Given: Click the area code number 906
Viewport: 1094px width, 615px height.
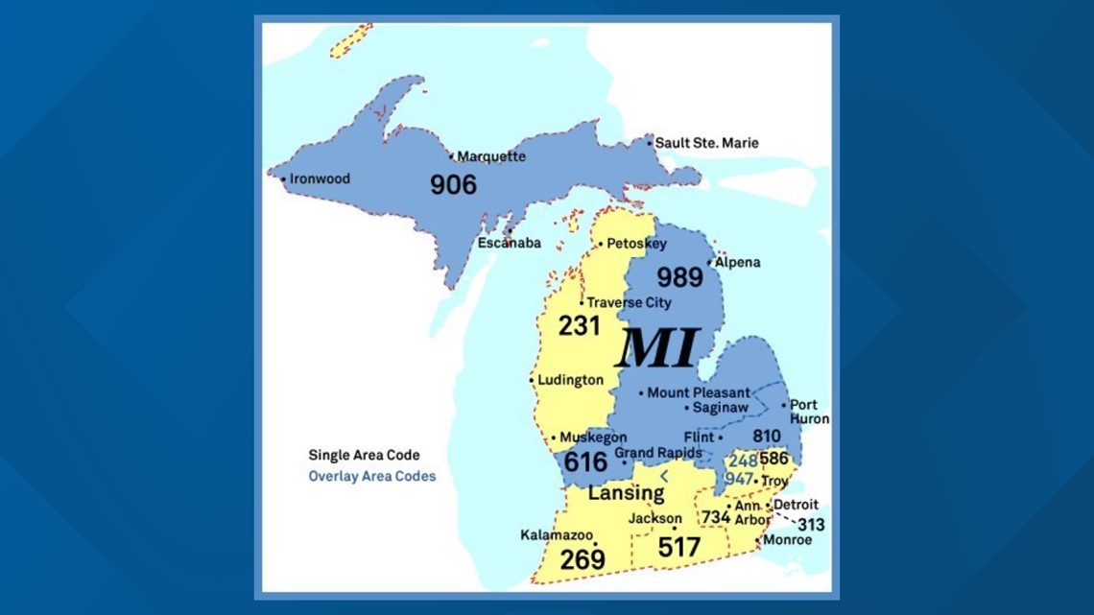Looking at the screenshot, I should pyautogui.click(x=453, y=184).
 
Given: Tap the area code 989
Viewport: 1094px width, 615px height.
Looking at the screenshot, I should pyautogui.click(x=679, y=277).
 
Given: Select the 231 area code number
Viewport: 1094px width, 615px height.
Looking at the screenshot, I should pyautogui.click(x=579, y=326).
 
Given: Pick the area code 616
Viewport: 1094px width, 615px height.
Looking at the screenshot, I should pyautogui.click(x=585, y=462).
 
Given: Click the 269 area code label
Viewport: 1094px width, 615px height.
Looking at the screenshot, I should pyautogui.click(x=583, y=558).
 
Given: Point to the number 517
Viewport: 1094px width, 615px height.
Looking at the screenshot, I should pyautogui.click(x=678, y=547).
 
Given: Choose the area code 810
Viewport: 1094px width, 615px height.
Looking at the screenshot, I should pyautogui.click(x=766, y=437).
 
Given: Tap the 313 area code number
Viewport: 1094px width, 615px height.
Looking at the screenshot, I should pyautogui.click(x=810, y=525).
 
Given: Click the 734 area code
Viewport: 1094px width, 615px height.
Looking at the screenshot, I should pyautogui.click(x=715, y=516).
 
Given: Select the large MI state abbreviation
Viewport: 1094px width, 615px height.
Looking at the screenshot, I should pyautogui.click(x=657, y=348).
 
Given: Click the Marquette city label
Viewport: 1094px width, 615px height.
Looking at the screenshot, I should pyautogui.click(x=491, y=156).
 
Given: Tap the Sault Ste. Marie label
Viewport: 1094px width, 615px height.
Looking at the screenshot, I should pyautogui.click(x=706, y=143).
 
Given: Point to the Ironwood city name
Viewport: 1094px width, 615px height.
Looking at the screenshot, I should pyautogui.click(x=320, y=178).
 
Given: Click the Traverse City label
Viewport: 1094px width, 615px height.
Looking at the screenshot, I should pyautogui.click(x=629, y=302).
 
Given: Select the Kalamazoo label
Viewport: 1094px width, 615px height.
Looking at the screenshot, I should pyautogui.click(x=557, y=534).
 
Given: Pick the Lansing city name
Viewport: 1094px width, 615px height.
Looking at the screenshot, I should pyautogui.click(x=626, y=493).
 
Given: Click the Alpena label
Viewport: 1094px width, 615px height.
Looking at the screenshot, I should pyautogui.click(x=737, y=262).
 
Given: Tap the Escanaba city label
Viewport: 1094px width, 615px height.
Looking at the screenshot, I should pyautogui.click(x=510, y=243).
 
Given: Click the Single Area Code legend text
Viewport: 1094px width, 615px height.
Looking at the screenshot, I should pyautogui.click(x=364, y=455).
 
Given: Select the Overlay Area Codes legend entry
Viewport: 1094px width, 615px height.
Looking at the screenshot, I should pyautogui.click(x=371, y=476).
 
